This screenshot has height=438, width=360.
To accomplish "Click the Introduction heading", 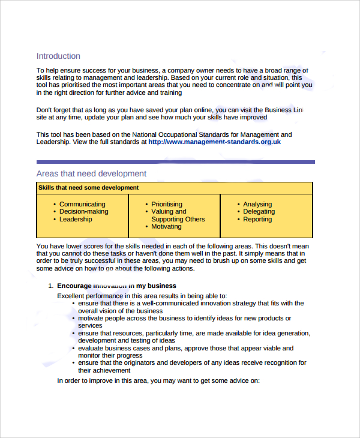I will (x=58, y=56).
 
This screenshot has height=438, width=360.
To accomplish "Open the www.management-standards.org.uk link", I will (x=214, y=142).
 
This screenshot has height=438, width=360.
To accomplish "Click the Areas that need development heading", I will (x=91, y=173).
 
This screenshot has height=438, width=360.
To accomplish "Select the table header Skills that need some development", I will (x=89, y=188).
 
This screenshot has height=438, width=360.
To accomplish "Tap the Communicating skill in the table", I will (x=82, y=204).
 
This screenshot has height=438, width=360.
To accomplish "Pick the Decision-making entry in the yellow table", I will (x=84, y=212).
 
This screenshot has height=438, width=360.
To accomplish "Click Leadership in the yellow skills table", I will (x=76, y=219).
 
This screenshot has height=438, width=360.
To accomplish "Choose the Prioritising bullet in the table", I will (x=170, y=204).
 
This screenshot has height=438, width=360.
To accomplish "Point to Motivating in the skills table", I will (x=166, y=227).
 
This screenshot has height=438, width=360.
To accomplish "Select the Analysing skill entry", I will (x=257, y=204).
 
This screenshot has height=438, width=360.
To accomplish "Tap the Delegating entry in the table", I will (x=259, y=212).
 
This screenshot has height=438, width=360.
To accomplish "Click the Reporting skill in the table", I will (x=257, y=219).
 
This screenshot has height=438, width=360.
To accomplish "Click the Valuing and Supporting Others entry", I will (x=178, y=215).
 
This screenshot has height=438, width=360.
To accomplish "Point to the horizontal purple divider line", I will (x=175, y=161).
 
